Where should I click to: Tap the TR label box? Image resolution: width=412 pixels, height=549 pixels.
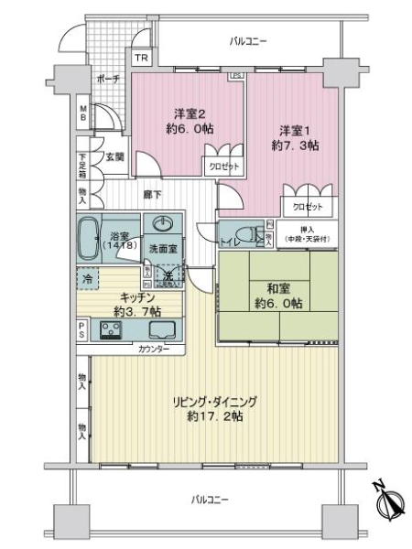coord(141,59)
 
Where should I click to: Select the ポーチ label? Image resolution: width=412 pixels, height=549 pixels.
coord(109,81)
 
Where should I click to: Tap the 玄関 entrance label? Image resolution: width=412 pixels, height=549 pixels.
coord(114,156)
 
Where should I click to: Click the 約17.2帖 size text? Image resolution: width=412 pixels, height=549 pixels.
coord(215,416)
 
